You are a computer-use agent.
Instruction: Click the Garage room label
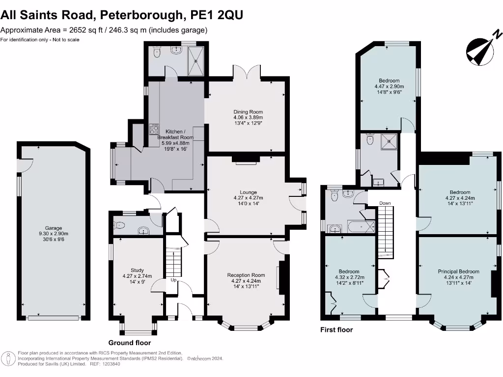54,228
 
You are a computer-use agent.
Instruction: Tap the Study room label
137,270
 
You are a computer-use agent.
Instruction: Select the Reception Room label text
246,275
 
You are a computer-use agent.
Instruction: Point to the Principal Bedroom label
459,271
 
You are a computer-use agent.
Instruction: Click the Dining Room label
248,112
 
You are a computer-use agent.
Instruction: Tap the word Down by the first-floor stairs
385,203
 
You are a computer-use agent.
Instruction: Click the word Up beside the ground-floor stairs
173,280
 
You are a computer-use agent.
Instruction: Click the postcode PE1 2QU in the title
216,16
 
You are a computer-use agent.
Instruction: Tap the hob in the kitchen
154,129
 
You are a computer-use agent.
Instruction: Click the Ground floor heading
129,343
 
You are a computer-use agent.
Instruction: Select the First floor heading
336,330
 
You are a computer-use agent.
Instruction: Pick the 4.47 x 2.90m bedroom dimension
389,85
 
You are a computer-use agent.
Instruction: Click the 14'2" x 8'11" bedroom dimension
349,283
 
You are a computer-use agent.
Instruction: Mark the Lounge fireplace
245,159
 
